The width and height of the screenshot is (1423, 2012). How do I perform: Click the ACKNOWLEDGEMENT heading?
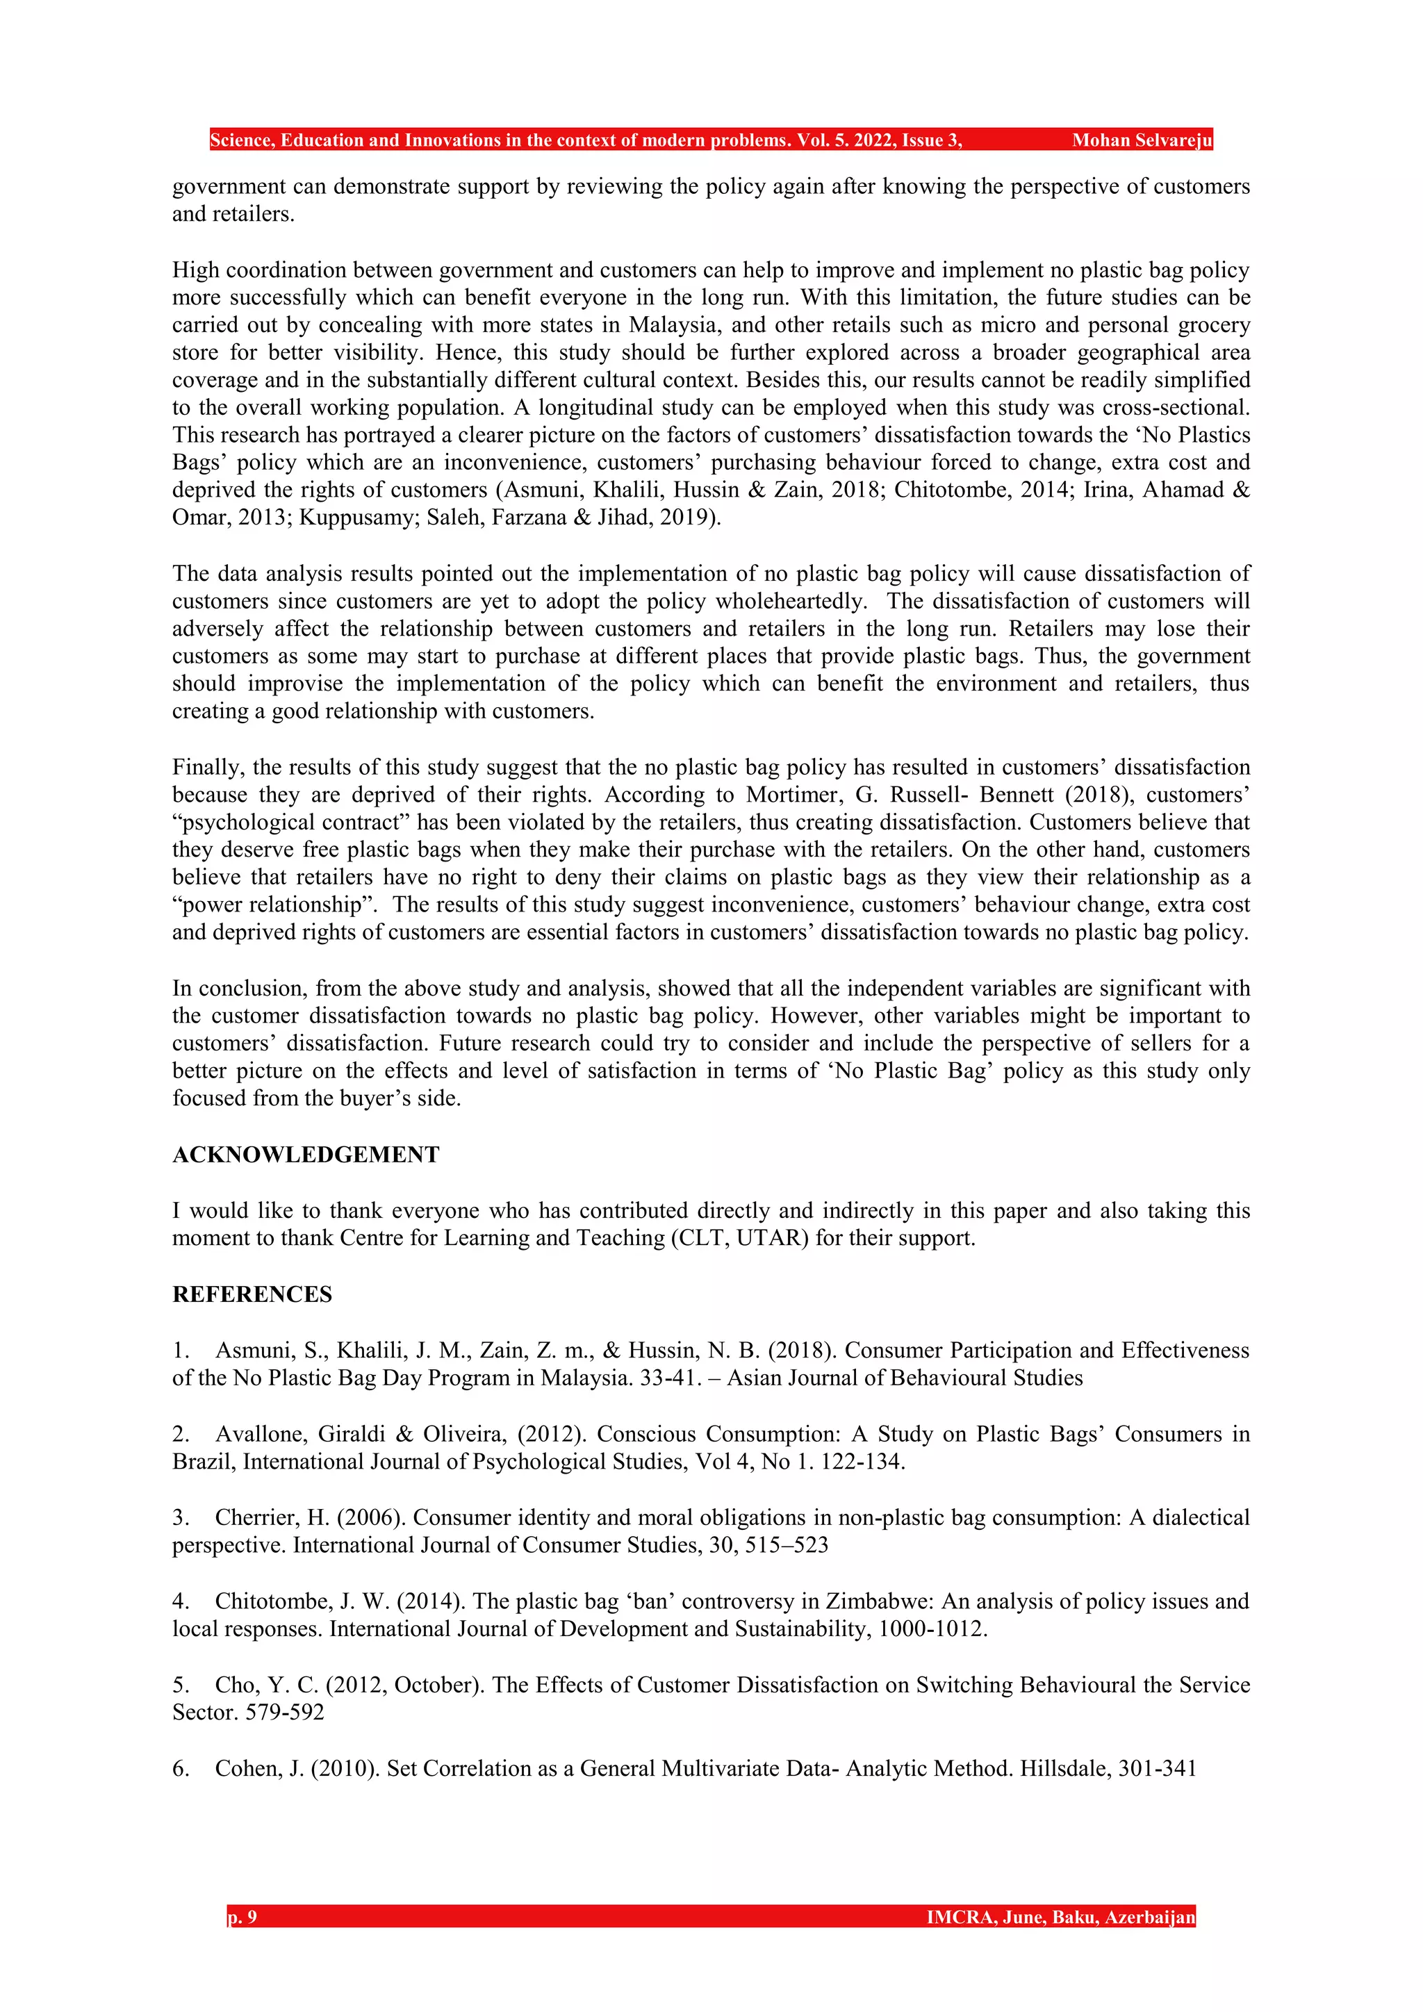(x=305, y=1155)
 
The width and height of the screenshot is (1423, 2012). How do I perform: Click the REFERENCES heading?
(x=252, y=1294)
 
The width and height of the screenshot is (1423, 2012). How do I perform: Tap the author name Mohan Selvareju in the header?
(x=1142, y=140)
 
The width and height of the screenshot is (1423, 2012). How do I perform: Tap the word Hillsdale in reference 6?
(x=1064, y=1767)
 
